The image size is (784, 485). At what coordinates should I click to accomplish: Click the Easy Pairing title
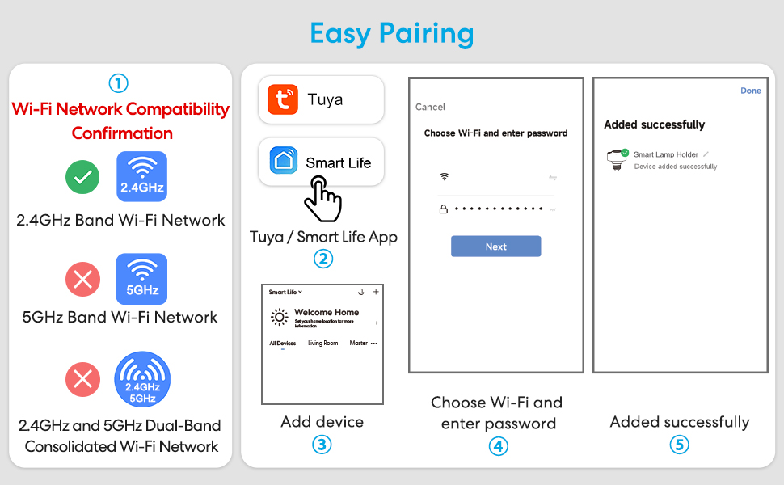coord(392,33)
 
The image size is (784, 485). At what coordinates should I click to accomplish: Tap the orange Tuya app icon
coord(284,99)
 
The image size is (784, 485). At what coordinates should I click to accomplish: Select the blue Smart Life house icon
coord(284,162)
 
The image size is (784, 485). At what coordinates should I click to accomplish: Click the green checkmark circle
coord(82,177)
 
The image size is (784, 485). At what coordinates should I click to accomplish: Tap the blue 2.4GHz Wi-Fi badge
coord(141,176)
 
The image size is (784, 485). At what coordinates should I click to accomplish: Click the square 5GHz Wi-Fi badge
coord(141,279)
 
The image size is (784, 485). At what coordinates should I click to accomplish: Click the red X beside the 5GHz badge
coord(82,280)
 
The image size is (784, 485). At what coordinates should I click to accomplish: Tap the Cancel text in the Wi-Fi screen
coord(430,107)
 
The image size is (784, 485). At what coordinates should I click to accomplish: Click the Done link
coord(751,91)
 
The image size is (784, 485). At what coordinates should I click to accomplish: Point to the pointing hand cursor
coord(322,197)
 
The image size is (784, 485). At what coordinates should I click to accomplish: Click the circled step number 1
coord(118,83)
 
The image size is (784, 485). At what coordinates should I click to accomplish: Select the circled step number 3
coord(322,445)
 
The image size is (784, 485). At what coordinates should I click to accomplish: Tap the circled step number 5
coord(679,445)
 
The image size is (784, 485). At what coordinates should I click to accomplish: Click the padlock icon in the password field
coord(443,209)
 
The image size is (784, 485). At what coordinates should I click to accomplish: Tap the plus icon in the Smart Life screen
coord(375,292)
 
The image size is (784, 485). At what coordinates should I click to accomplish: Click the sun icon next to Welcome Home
coord(280,317)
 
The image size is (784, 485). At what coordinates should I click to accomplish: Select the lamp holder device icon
coord(618,159)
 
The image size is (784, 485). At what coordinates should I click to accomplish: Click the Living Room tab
coord(322,344)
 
